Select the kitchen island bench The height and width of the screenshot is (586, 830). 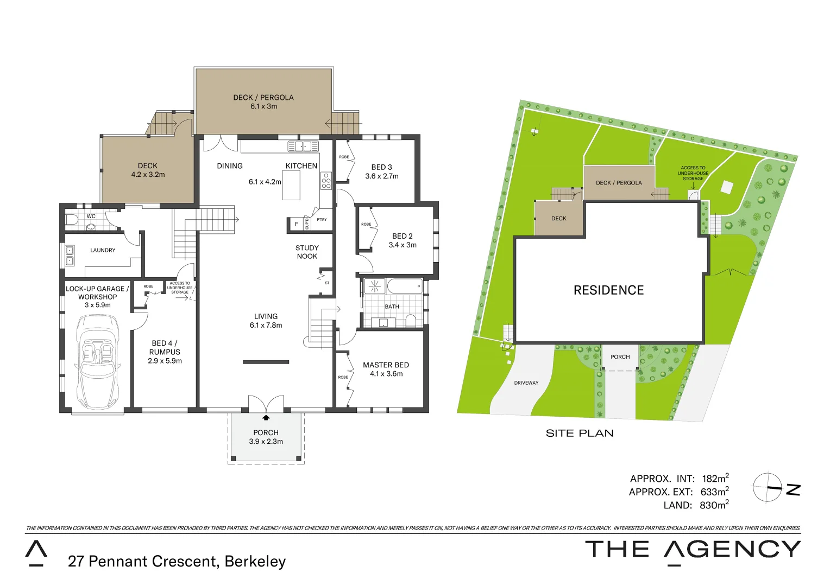point(291,185)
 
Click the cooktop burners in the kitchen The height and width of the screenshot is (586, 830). point(326,180)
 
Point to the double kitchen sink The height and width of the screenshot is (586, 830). point(303,146)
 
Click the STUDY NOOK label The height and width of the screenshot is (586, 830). point(307,252)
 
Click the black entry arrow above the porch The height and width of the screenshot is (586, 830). point(266,417)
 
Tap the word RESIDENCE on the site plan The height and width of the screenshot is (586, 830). point(608,290)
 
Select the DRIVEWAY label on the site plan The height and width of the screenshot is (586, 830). point(526,383)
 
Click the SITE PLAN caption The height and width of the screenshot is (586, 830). point(580,433)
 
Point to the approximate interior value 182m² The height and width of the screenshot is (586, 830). point(715,479)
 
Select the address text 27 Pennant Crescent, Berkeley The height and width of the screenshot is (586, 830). point(177,561)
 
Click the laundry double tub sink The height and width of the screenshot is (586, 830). point(70,256)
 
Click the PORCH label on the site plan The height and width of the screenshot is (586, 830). point(620,356)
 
